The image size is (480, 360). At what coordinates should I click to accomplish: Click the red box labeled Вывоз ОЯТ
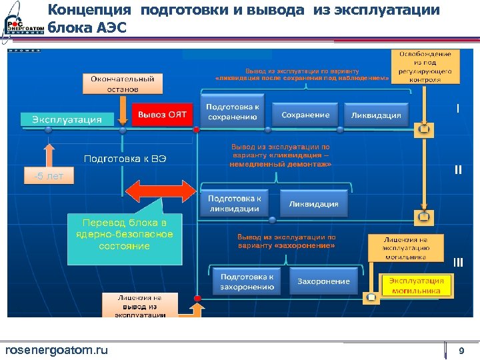pyautogui.click(x=162, y=115)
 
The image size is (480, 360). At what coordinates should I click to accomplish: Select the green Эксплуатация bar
pyautogui.click(x=67, y=119)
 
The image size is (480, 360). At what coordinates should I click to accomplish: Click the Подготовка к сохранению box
pyautogui.click(x=233, y=112)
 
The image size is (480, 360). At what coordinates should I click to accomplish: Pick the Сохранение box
pyautogui.click(x=305, y=115)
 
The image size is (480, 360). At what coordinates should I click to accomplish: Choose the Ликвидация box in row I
pyautogui.click(x=377, y=115)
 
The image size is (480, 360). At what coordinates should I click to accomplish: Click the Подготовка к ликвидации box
pyautogui.click(x=234, y=203)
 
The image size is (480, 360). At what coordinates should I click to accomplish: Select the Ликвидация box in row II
pyautogui.click(x=314, y=203)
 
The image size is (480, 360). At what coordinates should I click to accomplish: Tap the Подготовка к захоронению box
pyautogui.click(x=247, y=281)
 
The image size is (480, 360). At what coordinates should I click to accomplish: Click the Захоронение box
pyautogui.click(x=323, y=281)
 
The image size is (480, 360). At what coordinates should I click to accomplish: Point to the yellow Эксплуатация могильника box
pyautogui.click(x=415, y=285)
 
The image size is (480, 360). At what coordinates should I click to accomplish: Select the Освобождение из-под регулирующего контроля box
pyautogui.click(x=425, y=66)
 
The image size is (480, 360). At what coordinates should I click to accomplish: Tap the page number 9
pyautogui.click(x=461, y=351)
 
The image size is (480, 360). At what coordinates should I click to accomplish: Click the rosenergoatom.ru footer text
pyautogui.click(x=56, y=351)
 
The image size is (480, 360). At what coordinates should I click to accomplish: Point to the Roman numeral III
pyautogui.click(x=458, y=261)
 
